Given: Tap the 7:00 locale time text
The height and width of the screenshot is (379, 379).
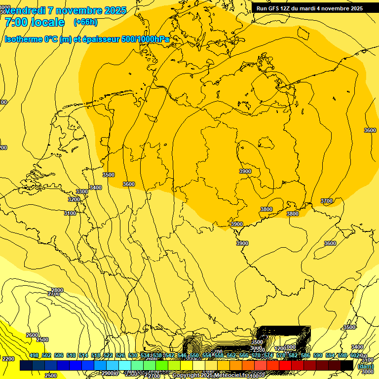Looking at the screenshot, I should (35, 22).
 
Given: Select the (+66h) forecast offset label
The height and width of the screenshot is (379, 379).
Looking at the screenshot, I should (85, 22).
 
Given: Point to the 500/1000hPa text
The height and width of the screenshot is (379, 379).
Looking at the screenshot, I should (148, 39).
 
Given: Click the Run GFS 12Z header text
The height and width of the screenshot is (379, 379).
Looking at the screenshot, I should (276, 8).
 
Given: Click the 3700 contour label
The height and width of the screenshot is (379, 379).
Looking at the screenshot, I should (327, 201).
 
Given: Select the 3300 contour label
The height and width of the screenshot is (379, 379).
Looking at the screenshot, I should (82, 191).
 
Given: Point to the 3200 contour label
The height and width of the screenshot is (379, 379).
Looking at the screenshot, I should (74, 199).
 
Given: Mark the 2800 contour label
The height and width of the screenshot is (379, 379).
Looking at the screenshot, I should (57, 290).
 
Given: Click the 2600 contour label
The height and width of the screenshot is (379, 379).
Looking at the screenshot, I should (32, 335).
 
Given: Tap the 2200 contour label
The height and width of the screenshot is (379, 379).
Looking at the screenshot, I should (8, 359).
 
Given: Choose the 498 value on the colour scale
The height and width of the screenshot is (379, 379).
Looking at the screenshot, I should (34, 356).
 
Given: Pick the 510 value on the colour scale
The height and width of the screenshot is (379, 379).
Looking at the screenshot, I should (71, 356).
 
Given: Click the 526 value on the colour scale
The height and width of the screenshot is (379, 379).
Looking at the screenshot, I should (120, 356).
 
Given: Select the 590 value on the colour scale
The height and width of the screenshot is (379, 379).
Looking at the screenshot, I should (318, 356).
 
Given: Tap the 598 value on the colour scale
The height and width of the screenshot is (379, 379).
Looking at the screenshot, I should (342, 356).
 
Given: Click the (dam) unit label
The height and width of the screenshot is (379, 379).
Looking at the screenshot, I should (365, 366).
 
